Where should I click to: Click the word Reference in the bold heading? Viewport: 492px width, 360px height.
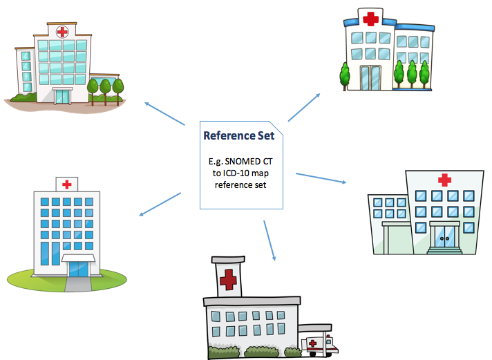(x=229, y=135)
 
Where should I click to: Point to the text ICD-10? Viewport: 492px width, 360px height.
(x=235, y=173)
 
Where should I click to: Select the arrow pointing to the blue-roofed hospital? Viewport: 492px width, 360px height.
(x=304, y=107)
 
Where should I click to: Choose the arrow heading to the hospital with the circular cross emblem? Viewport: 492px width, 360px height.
(x=164, y=114)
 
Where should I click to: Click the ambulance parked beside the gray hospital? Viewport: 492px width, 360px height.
(x=319, y=343)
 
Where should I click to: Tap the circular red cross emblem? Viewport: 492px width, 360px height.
(x=63, y=31)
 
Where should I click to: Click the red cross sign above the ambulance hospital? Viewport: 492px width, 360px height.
(x=226, y=280)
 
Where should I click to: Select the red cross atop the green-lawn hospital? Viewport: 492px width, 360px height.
(x=66, y=184)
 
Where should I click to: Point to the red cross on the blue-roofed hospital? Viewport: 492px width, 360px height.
(x=370, y=19)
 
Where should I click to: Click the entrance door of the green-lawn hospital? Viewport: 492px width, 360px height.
(x=77, y=267)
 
